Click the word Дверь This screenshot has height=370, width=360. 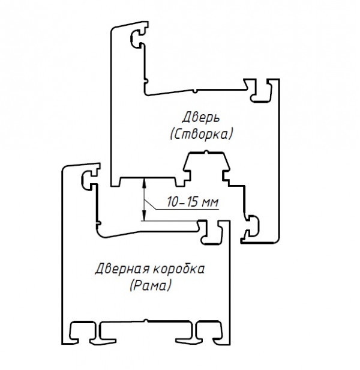(198, 115)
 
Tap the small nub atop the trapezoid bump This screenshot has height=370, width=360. (206, 154)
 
